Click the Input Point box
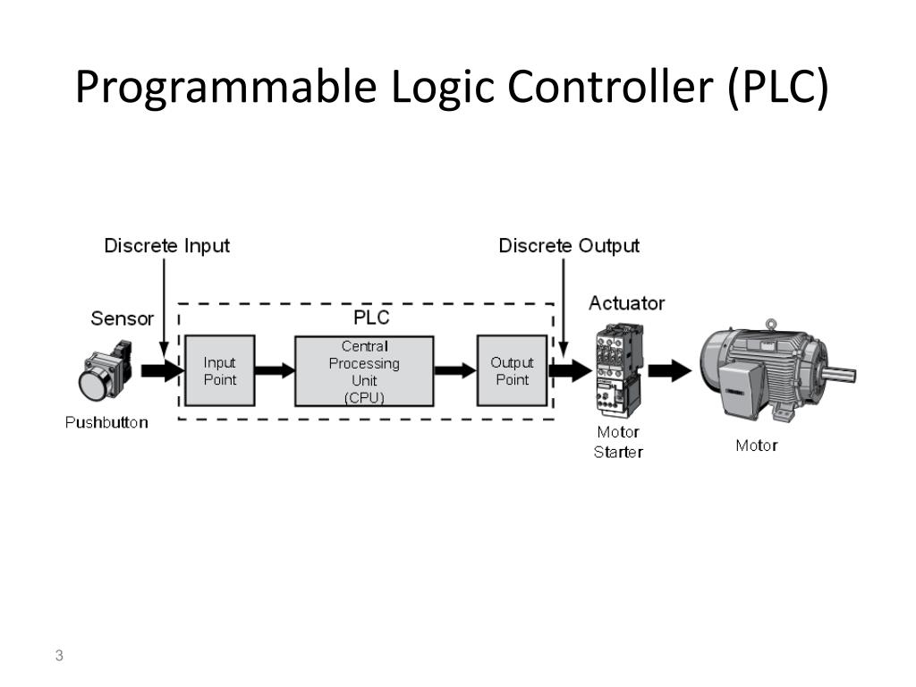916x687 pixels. [219, 371]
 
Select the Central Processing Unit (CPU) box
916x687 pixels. [364, 371]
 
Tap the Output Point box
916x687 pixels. [512, 371]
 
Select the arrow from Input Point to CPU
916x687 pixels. [276, 371]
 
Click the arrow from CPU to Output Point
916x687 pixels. [455, 371]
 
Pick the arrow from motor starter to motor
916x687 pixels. [670, 371]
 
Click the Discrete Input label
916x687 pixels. [166, 246]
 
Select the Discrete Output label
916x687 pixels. [569, 246]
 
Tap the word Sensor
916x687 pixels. [122, 318]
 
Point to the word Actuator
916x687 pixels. [626, 303]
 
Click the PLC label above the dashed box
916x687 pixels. [371, 318]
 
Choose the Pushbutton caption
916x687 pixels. [106, 422]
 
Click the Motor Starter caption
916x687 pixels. [618, 442]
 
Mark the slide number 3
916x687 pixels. [59, 657]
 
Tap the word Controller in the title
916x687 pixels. [612, 88]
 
